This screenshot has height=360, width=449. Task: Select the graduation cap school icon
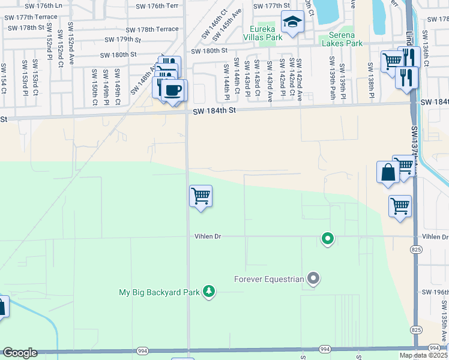[292, 22]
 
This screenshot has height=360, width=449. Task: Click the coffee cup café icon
[174, 91]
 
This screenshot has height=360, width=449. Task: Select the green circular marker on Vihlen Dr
[327, 239]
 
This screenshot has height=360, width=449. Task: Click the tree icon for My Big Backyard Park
[208, 292]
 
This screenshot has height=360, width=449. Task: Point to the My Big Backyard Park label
[158, 292]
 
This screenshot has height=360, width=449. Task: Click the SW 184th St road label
[215, 111]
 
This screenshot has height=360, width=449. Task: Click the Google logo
[20, 353]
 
